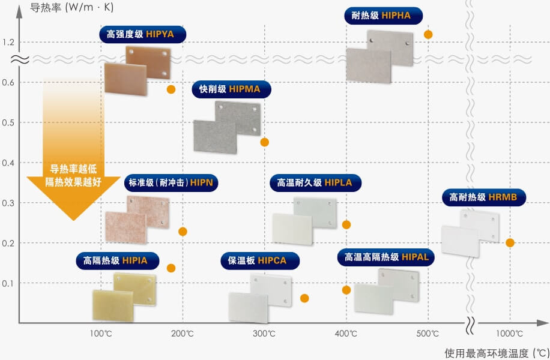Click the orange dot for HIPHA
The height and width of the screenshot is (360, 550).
point(428,34)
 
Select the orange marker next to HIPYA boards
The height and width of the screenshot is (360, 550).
point(171,89)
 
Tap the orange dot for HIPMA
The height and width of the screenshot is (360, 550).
point(264,142)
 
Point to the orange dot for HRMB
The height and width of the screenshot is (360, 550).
point(510,243)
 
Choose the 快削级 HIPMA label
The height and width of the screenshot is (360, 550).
point(230,89)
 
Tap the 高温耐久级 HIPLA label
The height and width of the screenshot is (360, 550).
point(310,182)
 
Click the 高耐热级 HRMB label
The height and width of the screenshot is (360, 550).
point(479,196)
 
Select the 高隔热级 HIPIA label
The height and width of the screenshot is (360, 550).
point(111,260)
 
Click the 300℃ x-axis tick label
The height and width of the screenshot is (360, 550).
point(264,334)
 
